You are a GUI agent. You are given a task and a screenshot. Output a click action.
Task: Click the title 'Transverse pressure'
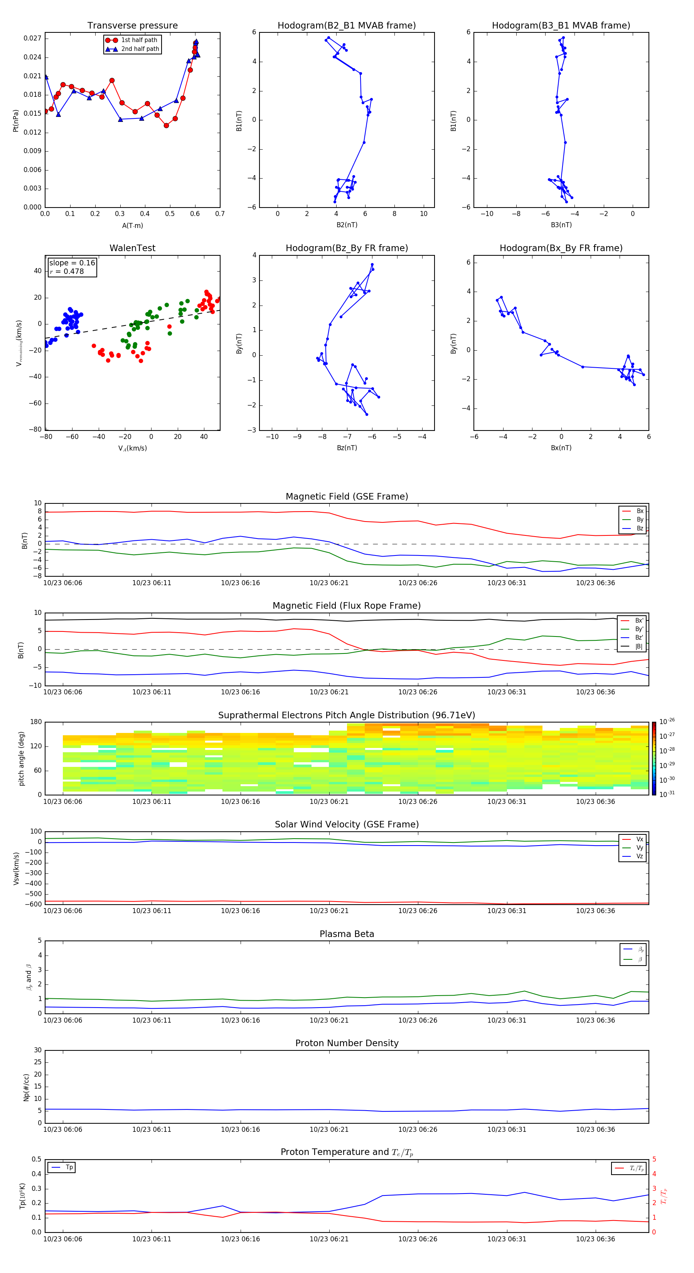132,26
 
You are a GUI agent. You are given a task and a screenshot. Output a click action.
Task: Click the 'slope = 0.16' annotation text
72,263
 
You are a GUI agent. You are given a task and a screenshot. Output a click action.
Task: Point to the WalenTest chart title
132,248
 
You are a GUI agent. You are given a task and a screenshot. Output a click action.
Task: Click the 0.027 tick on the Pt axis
33,39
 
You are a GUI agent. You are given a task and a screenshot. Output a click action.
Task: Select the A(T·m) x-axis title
132,226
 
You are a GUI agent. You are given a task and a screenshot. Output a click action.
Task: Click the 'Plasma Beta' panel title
347,934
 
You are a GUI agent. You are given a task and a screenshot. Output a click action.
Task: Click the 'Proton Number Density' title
347,1043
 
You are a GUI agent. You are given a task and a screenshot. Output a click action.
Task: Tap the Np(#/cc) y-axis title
26,1087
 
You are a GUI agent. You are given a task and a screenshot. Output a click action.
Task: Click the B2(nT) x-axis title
347,225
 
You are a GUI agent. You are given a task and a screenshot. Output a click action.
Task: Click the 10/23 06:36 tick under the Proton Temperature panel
595,1239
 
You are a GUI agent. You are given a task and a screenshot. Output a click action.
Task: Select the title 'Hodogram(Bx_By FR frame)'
561,248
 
